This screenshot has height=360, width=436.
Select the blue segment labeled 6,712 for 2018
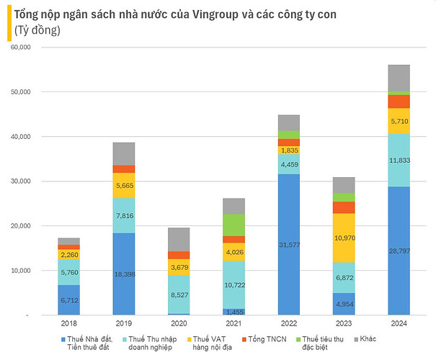pos(68,300)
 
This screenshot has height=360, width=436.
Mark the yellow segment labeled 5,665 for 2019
pos(124,185)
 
